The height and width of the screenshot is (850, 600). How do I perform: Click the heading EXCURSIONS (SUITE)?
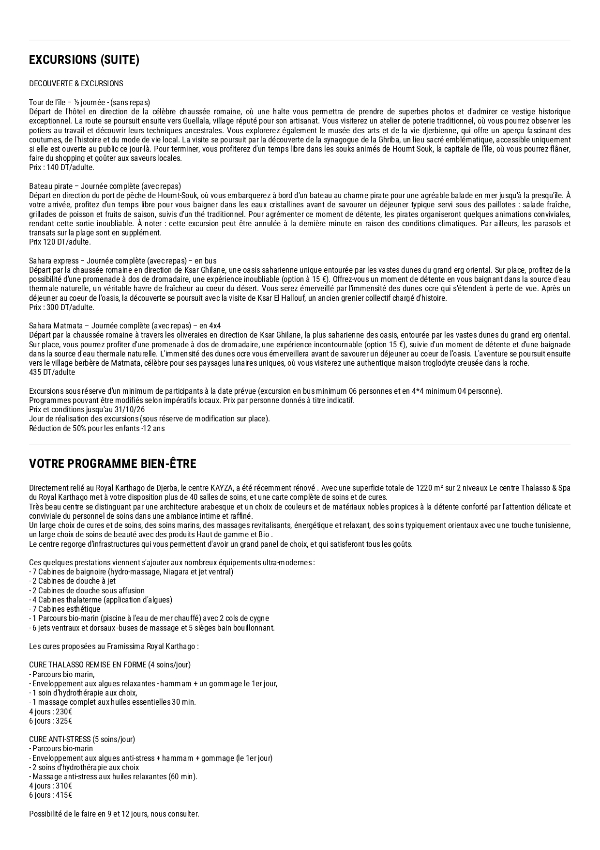pos(84,60)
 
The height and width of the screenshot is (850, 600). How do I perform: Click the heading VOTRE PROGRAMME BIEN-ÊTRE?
pos(112,464)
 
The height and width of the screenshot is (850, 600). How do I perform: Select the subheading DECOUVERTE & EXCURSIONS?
pos(76,84)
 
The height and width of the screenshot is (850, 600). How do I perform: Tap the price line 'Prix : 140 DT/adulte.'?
pos(61,168)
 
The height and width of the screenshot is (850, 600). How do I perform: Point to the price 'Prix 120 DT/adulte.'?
pos(60,242)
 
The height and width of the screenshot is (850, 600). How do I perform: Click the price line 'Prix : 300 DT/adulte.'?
pos(61,308)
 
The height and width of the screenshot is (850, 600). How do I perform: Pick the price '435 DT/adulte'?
pos(52,372)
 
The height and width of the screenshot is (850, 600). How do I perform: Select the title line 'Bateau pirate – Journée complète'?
pos(105,186)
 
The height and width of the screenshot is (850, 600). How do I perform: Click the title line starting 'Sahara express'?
pos(122,261)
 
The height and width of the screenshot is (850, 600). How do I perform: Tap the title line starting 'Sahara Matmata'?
pos(124,326)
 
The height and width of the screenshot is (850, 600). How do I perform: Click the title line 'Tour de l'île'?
pos(89,102)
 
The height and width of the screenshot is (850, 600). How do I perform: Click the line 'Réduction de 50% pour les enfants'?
pos(97,429)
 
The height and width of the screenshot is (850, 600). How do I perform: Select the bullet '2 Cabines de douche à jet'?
pos(72,581)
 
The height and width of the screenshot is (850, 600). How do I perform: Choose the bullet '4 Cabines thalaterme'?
pos(100,600)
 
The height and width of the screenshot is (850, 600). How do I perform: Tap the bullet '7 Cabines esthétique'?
pos(64,609)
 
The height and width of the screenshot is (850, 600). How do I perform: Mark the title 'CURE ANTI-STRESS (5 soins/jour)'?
pos(82,740)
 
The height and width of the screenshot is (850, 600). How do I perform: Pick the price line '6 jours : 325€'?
pos(50,721)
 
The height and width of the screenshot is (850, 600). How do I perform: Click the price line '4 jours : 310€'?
pos(50,786)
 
